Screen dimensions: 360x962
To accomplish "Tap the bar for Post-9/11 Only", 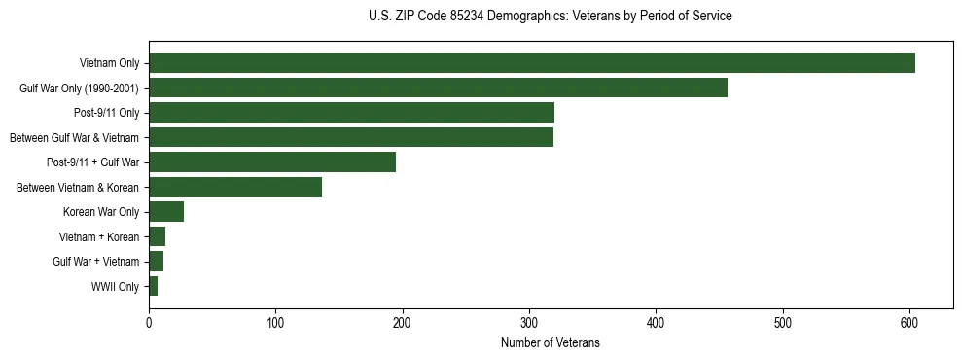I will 351,113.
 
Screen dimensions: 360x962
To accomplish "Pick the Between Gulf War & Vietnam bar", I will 351,137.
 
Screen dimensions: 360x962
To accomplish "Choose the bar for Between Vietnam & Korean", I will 235,187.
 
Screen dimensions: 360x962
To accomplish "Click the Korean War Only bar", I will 166,212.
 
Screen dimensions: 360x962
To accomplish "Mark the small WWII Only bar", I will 153,286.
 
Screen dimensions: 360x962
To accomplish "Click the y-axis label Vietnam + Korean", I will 101,237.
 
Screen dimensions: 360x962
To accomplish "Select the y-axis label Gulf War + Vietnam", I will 96,262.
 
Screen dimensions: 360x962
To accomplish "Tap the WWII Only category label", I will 116,287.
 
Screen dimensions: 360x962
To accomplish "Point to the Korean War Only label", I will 101,212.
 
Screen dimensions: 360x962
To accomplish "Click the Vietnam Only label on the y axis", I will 109,64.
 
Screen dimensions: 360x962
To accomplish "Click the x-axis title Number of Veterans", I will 550,343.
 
